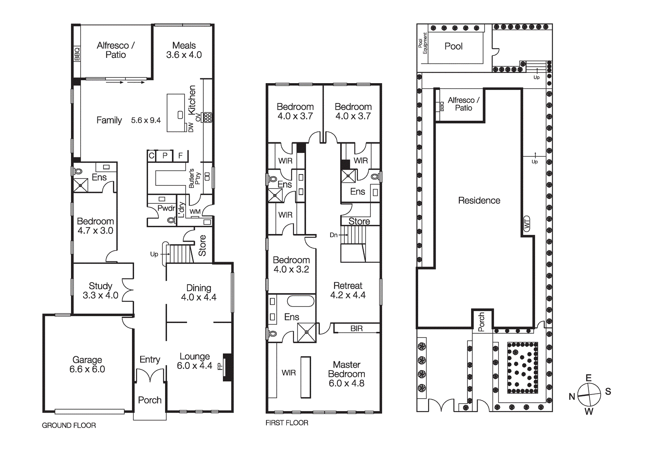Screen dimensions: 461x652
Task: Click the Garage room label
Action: tap(87, 364)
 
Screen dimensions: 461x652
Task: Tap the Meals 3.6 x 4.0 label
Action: tap(184, 50)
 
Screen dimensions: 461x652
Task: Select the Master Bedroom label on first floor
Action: tap(346, 374)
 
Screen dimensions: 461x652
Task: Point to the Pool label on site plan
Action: tap(453, 46)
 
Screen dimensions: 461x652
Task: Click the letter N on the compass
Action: tap(572, 397)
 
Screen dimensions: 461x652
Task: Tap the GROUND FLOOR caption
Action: tap(69, 425)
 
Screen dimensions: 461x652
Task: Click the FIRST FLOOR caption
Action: tap(286, 423)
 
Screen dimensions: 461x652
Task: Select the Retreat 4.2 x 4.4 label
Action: tap(348, 290)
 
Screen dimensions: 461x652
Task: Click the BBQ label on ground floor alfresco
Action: tap(77, 54)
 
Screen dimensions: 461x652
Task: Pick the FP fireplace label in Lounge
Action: tap(220, 366)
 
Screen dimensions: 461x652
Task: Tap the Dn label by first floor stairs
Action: tap(333, 235)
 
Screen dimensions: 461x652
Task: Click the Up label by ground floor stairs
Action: tap(154, 254)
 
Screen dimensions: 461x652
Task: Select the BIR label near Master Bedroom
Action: tap(356, 328)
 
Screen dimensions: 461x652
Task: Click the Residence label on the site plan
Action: tap(479, 201)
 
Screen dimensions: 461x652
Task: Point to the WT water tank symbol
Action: tap(526, 224)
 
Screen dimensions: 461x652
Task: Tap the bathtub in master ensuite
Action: tap(300, 301)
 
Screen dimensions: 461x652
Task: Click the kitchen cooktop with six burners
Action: tap(207, 117)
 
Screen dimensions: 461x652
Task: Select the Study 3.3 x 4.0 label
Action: tap(100, 291)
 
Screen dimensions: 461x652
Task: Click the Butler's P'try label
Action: tap(194, 178)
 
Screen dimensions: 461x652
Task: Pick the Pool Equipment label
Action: tap(423, 43)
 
